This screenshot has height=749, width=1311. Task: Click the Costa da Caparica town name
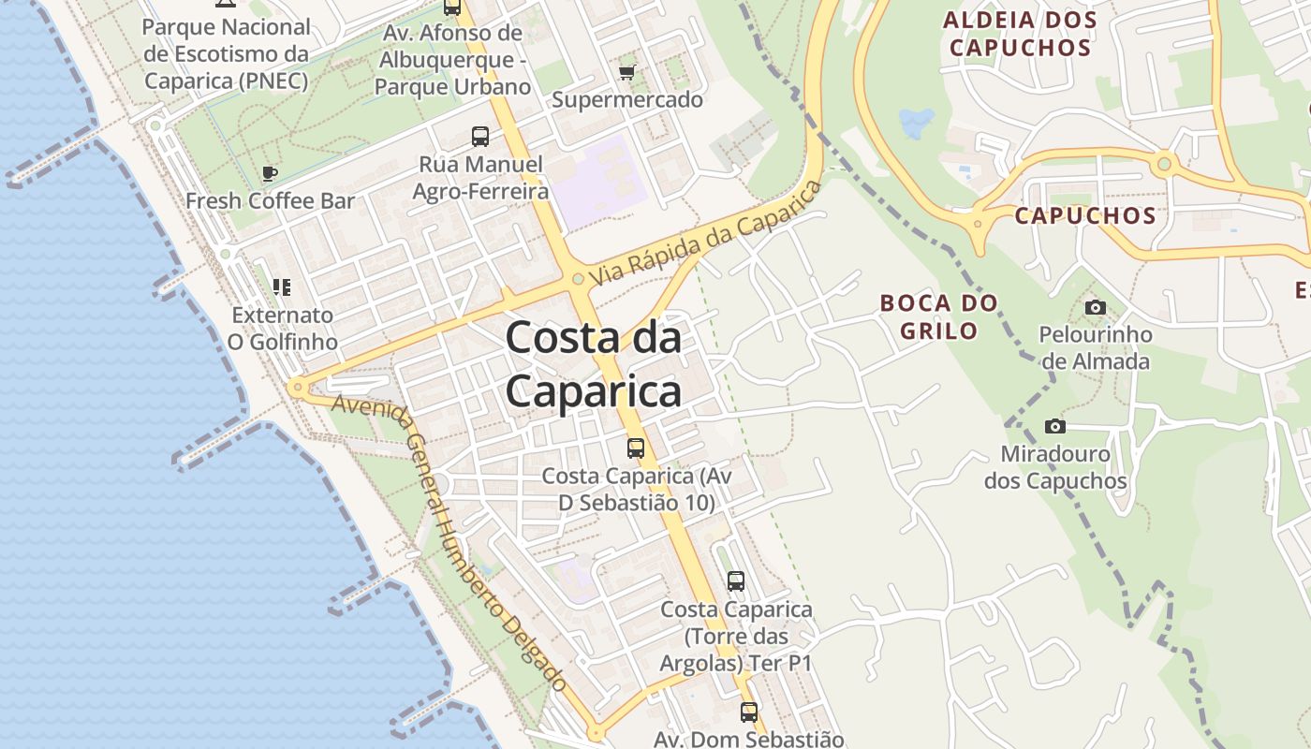(594, 365)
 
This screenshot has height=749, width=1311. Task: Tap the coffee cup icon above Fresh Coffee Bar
(270, 173)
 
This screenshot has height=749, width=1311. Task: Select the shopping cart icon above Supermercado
(626, 72)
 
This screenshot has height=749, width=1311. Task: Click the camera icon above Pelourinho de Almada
(1095, 307)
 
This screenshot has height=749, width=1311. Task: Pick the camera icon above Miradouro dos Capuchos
(1055, 427)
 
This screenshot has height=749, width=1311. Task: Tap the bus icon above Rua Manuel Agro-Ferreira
(480, 137)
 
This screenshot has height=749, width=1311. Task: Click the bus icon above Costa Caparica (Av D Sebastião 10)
(636, 448)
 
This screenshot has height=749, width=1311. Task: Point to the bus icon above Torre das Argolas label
(736, 581)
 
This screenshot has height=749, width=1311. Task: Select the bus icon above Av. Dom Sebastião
(749, 712)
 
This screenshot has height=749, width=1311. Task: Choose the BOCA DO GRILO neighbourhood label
(938, 316)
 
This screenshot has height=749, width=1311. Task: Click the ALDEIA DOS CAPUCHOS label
(1017, 34)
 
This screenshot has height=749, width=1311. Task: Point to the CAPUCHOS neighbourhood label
(1085, 216)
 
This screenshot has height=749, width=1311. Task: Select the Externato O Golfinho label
(282, 328)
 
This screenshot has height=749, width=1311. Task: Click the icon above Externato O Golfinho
(281, 287)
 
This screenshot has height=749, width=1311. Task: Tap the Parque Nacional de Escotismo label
(226, 54)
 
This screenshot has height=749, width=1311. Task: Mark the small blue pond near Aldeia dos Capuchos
(916, 122)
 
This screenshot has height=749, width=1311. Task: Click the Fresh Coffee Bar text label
(270, 200)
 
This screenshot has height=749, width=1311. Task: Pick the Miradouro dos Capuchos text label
(1063, 467)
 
